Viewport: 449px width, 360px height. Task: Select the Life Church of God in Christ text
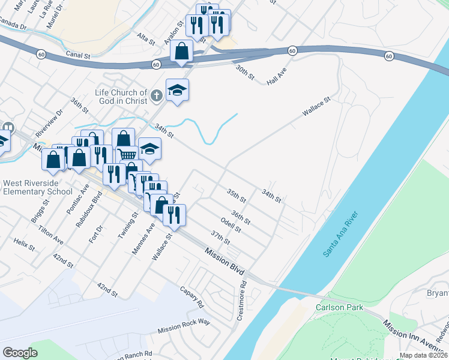point(121,97)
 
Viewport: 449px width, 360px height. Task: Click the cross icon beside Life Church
point(156,95)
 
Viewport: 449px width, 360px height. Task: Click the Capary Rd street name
point(192,296)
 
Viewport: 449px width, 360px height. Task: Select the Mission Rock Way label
point(184,326)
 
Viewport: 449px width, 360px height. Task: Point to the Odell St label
point(231,225)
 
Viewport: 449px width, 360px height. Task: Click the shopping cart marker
point(127,154)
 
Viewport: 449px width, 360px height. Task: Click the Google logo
point(20,353)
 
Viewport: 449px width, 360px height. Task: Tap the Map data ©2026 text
point(423,355)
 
